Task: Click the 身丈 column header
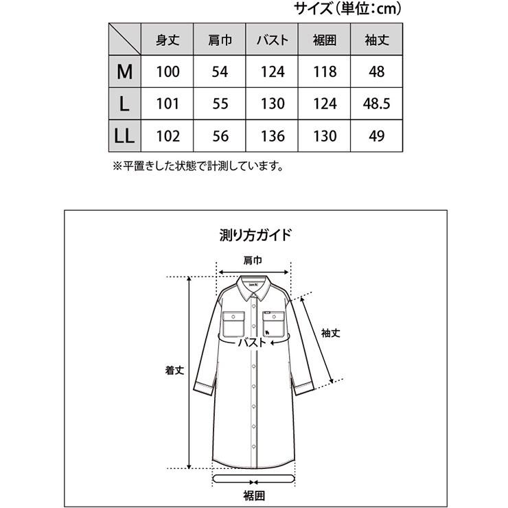click(x=168, y=40)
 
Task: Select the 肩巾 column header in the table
click(x=220, y=40)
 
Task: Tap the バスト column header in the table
click(x=273, y=40)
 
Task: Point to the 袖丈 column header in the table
click(x=376, y=40)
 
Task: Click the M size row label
click(x=124, y=71)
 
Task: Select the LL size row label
click(x=124, y=135)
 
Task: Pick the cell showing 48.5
click(x=376, y=104)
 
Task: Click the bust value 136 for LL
click(x=273, y=135)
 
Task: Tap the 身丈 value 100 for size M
click(x=168, y=71)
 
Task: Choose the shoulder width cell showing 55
click(x=220, y=104)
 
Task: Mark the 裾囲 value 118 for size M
click(x=325, y=71)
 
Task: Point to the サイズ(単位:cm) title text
click(x=347, y=9)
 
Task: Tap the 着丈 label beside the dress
click(x=172, y=369)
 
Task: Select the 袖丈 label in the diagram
click(x=332, y=332)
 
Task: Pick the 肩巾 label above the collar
click(x=253, y=260)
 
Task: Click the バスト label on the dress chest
click(x=253, y=342)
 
